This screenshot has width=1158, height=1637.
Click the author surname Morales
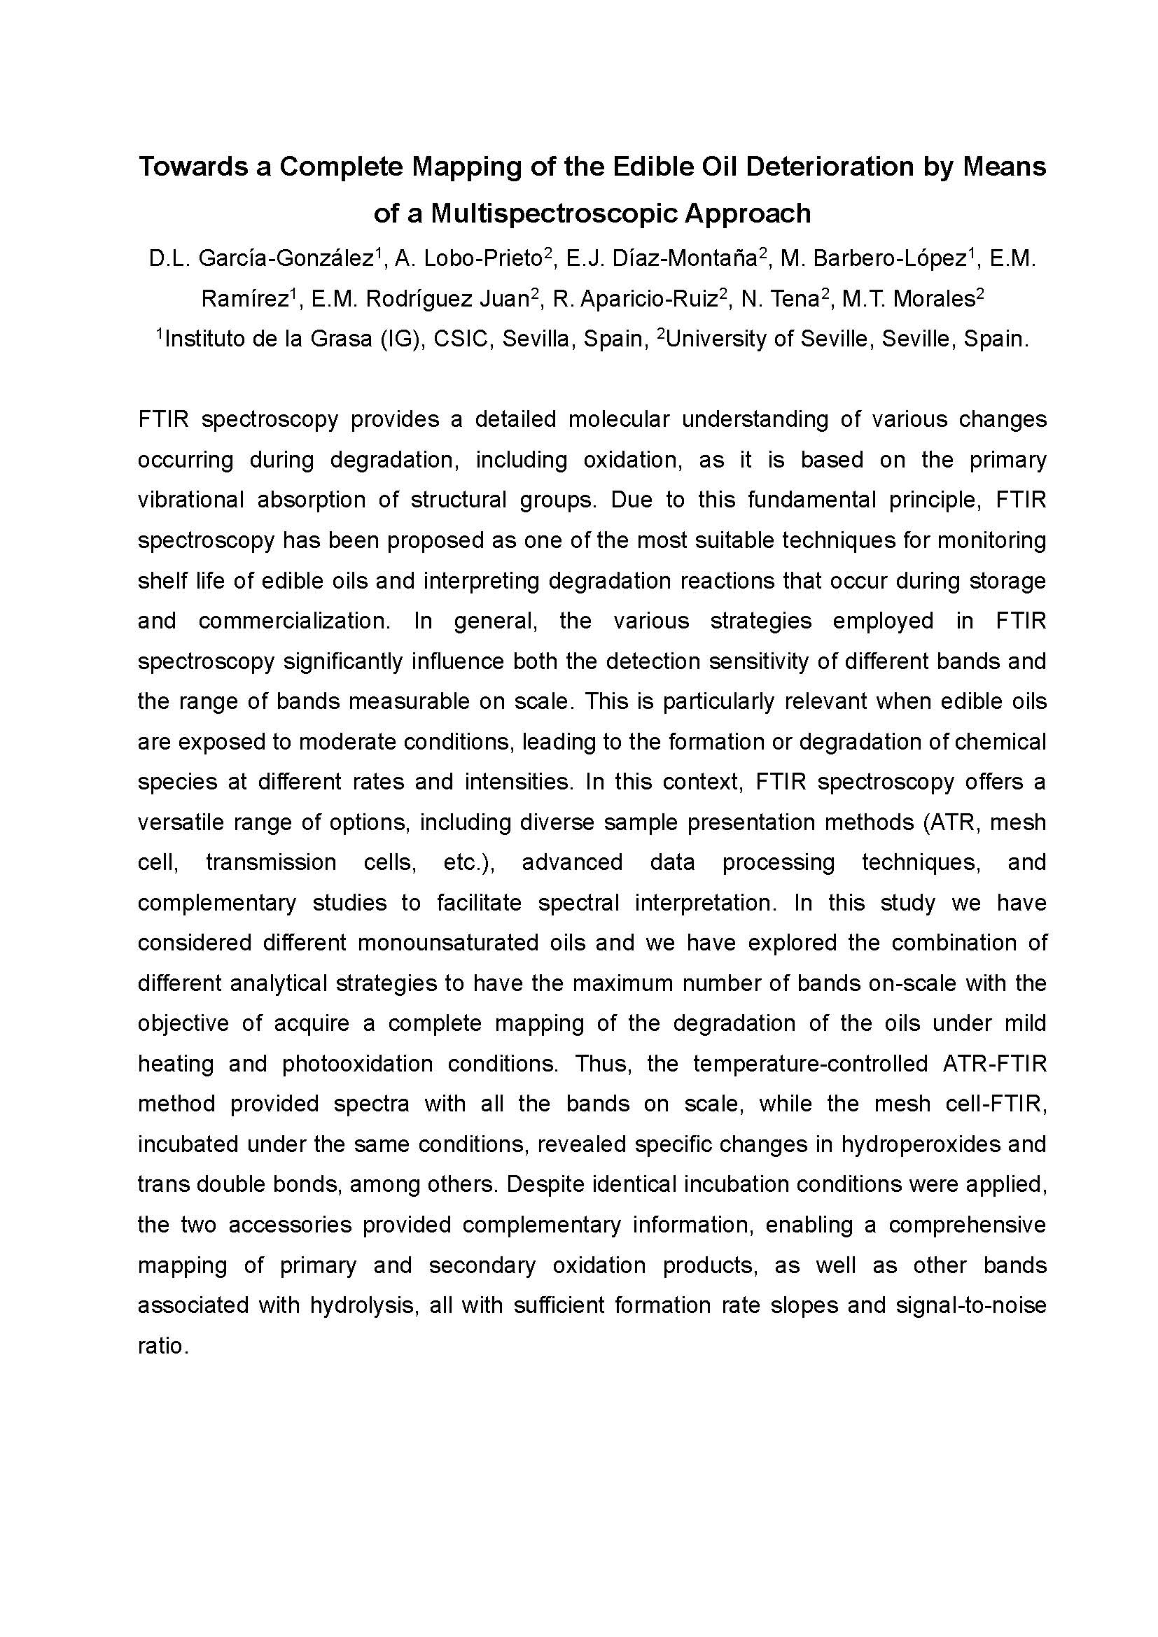(x=934, y=299)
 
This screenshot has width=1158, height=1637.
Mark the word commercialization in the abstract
(x=294, y=621)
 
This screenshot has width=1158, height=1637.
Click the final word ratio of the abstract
(x=162, y=1345)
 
